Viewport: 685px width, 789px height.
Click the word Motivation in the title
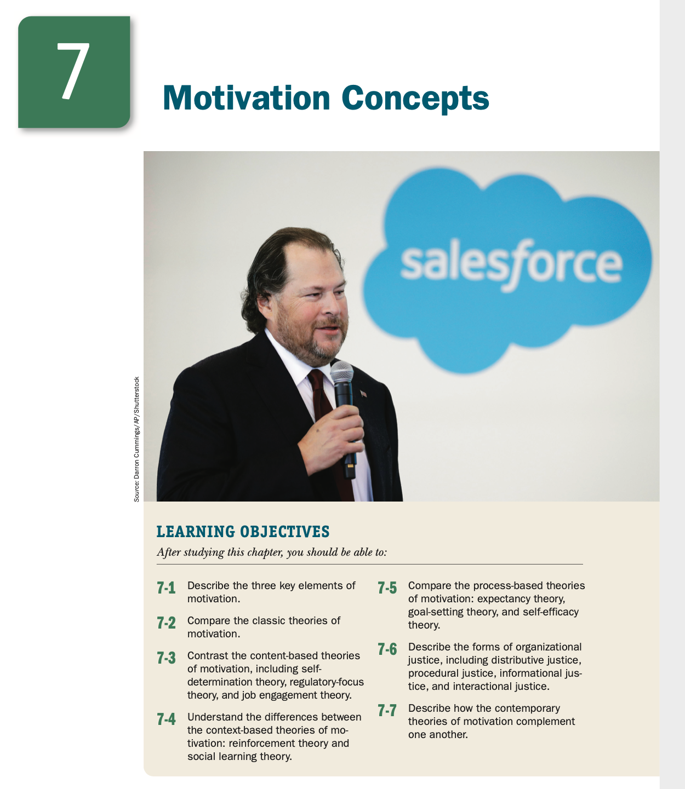tap(246, 98)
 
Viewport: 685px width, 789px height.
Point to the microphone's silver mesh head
tap(341, 372)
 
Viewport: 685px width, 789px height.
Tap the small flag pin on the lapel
tap(363, 393)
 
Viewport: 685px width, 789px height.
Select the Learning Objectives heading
tap(243, 532)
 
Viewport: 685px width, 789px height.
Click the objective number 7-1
tap(166, 588)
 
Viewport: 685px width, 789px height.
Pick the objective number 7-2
tap(166, 623)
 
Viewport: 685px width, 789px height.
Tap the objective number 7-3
tap(166, 658)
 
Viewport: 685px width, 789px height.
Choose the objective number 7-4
tap(166, 719)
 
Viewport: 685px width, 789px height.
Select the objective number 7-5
tap(387, 588)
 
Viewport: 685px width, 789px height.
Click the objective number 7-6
tap(387, 649)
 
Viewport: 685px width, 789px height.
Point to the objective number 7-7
tap(387, 710)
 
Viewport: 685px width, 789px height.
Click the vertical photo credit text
tap(136, 439)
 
